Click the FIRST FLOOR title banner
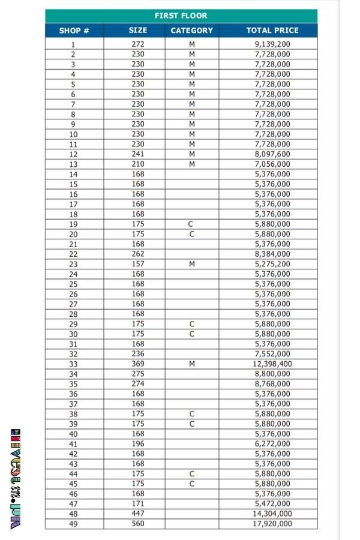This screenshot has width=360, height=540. (x=181, y=16)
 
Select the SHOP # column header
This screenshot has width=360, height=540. (x=74, y=31)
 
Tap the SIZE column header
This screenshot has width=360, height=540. (x=138, y=30)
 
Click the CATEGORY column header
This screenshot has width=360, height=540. (x=191, y=31)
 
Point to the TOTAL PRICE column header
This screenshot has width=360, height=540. (x=272, y=30)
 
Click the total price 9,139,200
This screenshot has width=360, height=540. (x=272, y=44)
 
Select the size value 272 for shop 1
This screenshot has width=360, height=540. (x=138, y=44)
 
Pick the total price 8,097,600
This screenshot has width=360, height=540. (x=272, y=154)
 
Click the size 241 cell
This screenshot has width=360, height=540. (x=138, y=154)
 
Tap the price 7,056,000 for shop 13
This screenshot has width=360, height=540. (x=272, y=164)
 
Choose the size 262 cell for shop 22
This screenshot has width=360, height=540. (x=138, y=254)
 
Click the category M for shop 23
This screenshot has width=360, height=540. (x=192, y=264)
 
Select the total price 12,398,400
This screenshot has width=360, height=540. (x=272, y=364)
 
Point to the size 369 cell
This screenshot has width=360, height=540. (x=138, y=364)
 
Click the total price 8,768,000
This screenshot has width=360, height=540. (x=272, y=384)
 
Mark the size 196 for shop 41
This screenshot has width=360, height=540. (x=138, y=444)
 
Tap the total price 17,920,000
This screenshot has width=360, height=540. (x=272, y=524)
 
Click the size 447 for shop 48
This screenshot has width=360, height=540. (x=138, y=514)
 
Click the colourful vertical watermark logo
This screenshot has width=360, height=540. (x=16, y=479)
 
